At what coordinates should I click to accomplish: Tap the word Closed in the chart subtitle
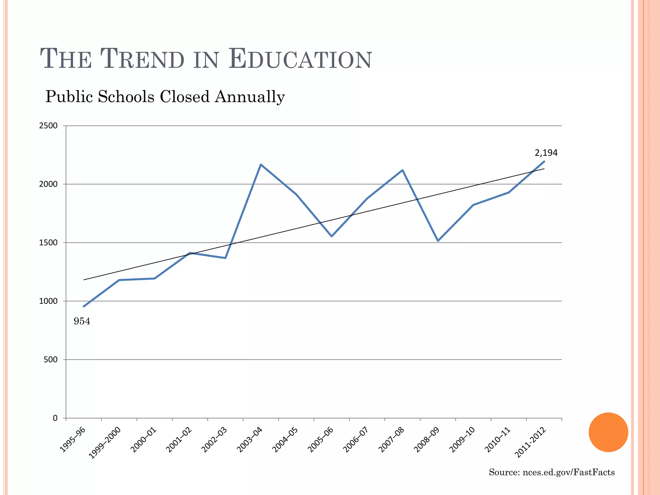pyautogui.click(x=184, y=97)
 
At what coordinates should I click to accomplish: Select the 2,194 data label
pyautogui.click(x=546, y=153)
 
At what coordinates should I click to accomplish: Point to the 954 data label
pyautogui.click(x=82, y=321)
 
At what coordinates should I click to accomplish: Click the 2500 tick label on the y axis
pyautogui.click(x=48, y=126)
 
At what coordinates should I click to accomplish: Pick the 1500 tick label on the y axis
pyautogui.click(x=48, y=243)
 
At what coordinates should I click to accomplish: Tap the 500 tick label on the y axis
pyautogui.click(x=50, y=360)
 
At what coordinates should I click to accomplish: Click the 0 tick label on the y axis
pyautogui.click(x=55, y=418)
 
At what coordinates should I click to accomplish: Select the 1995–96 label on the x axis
pyautogui.click(x=73, y=440)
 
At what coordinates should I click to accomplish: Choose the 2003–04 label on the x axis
pyautogui.click(x=249, y=440)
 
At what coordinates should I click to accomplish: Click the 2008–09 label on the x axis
pyautogui.click(x=426, y=440)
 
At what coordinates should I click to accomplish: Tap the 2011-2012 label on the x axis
pyautogui.click(x=530, y=443)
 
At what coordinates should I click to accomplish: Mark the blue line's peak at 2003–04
pyautogui.click(x=261, y=165)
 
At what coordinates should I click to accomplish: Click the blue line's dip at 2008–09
pyautogui.click(x=438, y=241)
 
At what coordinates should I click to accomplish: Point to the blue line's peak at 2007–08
pyautogui.click(x=402, y=170)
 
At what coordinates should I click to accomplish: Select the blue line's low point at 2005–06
pyautogui.click(x=332, y=236)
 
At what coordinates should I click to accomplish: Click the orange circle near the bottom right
pyautogui.click(x=608, y=432)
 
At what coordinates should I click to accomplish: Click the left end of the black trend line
pyautogui.click(x=84, y=280)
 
